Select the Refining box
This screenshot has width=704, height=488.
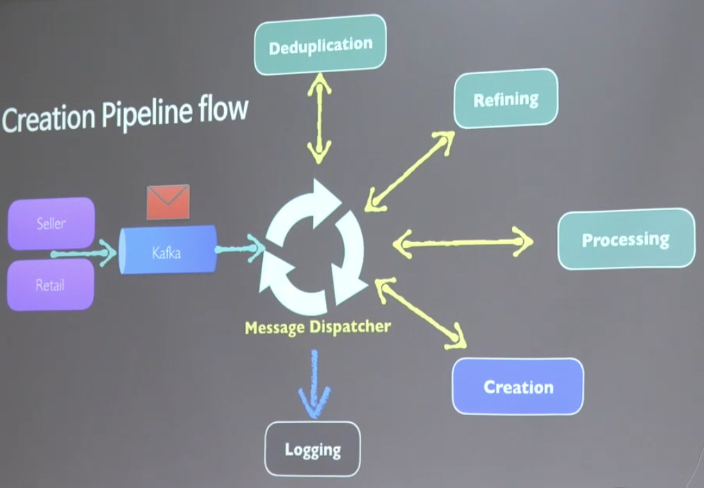(505, 99)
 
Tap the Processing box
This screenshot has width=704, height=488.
(626, 239)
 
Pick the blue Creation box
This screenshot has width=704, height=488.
(517, 386)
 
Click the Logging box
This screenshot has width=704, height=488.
(313, 449)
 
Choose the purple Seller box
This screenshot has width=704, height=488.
(51, 223)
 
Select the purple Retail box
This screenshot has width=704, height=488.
(51, 284)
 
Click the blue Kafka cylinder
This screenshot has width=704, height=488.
(167, 251)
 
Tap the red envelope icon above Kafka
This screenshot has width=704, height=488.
(168, 201)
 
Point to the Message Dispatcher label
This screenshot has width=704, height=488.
(318, 326)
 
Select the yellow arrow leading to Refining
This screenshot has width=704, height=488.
(409, 169)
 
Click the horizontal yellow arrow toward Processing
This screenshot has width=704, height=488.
(463, 243)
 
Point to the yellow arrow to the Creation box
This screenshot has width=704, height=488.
(420, 313)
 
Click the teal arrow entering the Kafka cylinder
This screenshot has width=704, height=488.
(83, 253)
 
